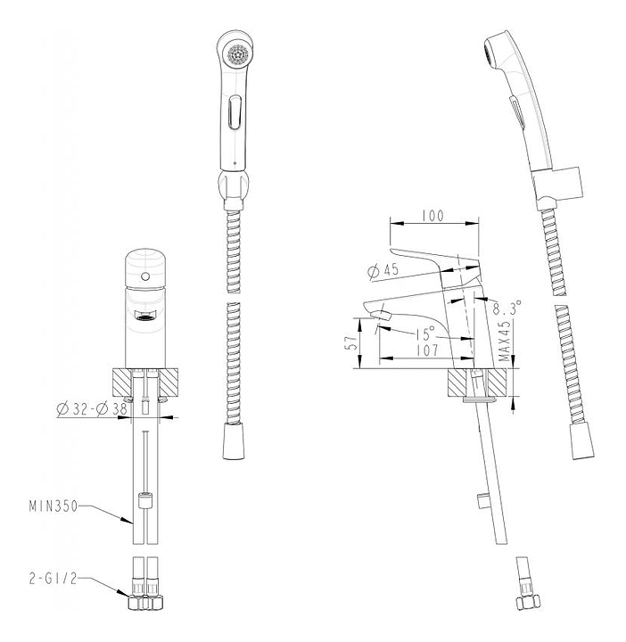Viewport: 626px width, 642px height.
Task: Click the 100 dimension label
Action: click(434, 216)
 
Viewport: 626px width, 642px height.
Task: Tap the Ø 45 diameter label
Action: click(383, 271)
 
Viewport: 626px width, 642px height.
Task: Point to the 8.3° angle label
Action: click(507, 307)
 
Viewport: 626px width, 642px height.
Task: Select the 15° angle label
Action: click(424, 334)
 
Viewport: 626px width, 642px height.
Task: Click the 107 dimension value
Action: click(427, 350)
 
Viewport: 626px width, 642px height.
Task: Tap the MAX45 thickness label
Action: click(506, 340)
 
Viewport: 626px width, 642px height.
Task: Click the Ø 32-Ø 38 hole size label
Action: click(92, 409)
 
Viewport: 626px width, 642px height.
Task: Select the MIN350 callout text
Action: click(54, 506)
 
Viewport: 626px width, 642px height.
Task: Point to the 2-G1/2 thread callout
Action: click(53, 579)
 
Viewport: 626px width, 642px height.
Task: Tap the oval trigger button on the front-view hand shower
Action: click(235, 111)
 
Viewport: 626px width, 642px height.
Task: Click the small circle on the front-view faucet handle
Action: click(145, 276)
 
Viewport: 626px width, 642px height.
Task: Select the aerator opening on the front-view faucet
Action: click(145, 316)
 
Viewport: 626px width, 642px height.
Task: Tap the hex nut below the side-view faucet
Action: click(528, 603)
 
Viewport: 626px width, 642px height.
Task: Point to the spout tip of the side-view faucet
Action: click(381, 315)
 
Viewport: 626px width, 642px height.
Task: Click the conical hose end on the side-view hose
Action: click(581, 441)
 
